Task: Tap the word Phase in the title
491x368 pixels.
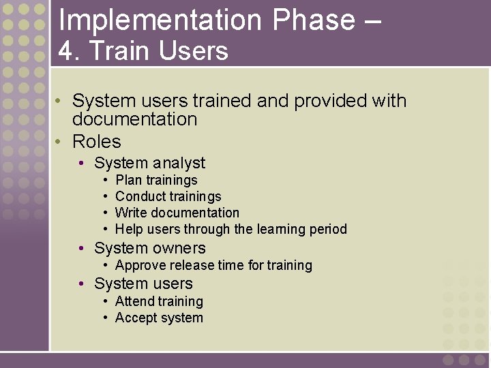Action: (313, 20)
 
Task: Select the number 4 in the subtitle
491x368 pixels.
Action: (65, 51)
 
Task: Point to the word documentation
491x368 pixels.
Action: (134, 119)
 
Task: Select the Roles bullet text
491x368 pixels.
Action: (96, 142)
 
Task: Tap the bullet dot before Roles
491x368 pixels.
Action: (59, 142)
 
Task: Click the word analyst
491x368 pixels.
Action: (179, 163)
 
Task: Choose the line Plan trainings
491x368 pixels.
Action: (156, 181)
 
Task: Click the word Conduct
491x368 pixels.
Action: (140, 196)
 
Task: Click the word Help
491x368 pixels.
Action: (129, 229)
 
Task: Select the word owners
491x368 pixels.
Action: (179, 248)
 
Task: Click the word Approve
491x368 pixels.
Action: (140, 265)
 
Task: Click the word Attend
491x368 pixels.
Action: (136, 301)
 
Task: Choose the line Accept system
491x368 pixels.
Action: (159, 318)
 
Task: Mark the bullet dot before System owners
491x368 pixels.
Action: (81, 248)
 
